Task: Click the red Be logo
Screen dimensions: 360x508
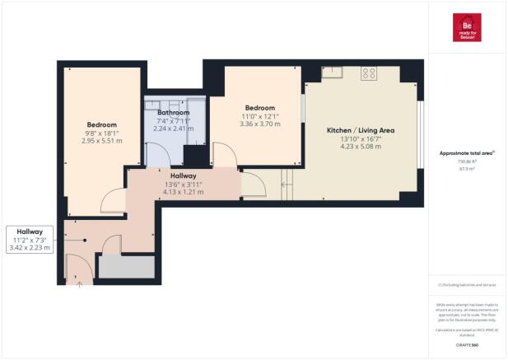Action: [x=466, y=27]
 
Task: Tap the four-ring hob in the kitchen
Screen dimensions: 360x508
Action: [x=369, y=73]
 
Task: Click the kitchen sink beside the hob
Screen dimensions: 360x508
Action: [x=333, y=73]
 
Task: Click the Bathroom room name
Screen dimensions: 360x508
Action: [x=173, y=113]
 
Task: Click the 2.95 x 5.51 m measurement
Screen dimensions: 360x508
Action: [x=102, y=141]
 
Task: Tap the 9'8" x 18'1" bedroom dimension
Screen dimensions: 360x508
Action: [x=102, y=133]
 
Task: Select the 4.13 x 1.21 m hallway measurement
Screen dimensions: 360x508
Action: [x=182, y=193]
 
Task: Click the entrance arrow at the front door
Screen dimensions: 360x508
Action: [x=80, y=285]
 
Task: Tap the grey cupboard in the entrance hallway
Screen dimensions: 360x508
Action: [x=127, y=266]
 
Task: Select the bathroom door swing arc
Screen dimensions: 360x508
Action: [x=156, y=153]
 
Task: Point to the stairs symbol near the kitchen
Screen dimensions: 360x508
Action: [x=286, y=183]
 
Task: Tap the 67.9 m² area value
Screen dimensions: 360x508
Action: [x=466, y=168]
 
